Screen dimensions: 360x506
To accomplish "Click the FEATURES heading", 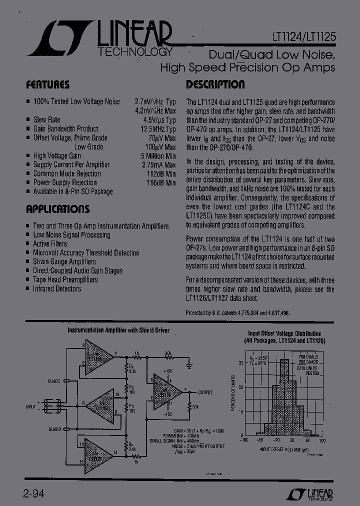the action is pos(47,84).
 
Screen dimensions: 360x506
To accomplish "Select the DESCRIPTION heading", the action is pos(215,84).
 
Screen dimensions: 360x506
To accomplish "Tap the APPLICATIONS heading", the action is pos(57,209).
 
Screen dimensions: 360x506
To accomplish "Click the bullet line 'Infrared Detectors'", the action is pos(56,288).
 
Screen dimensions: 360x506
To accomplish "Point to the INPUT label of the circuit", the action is pos(30,407).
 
